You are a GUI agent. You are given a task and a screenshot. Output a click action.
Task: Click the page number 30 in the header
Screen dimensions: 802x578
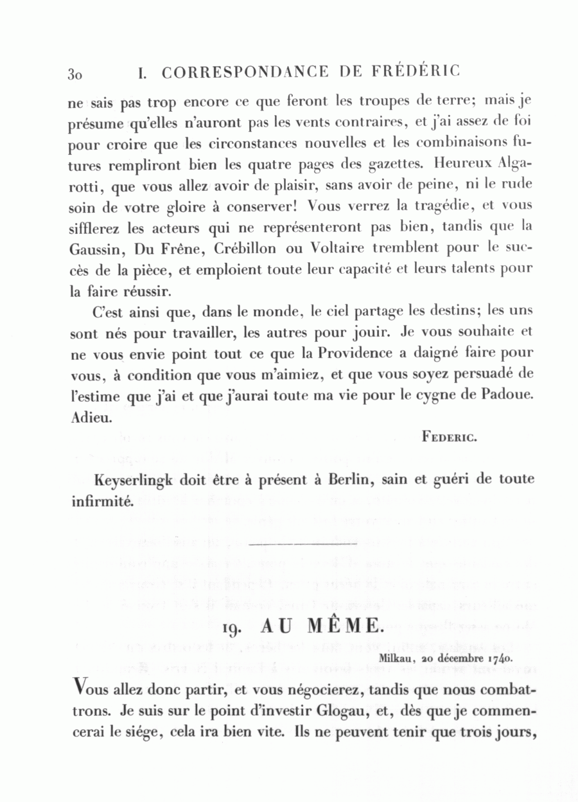[74, 73]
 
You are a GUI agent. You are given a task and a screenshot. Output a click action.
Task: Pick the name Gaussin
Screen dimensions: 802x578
[100, 249]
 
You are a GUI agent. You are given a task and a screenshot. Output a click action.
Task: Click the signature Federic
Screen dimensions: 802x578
[448, 438]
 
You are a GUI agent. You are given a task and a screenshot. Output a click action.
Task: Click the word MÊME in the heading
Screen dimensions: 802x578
[344, 627]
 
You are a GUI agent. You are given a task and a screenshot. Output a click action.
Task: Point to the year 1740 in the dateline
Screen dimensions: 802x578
[499, 659]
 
